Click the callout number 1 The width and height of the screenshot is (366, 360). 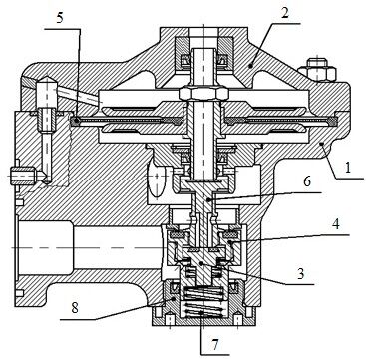(348, 168)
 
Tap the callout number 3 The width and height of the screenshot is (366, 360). (302, 273)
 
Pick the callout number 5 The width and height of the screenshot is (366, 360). (60, 17)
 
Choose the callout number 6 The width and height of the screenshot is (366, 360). (306, 181)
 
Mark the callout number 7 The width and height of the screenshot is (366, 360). (215, 345)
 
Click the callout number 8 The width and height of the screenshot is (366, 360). (74, 308)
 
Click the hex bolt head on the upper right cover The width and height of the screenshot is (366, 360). (317, 70)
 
